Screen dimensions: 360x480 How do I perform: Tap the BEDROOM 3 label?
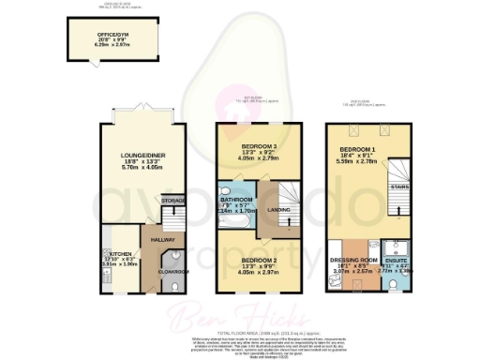click(250, 147)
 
